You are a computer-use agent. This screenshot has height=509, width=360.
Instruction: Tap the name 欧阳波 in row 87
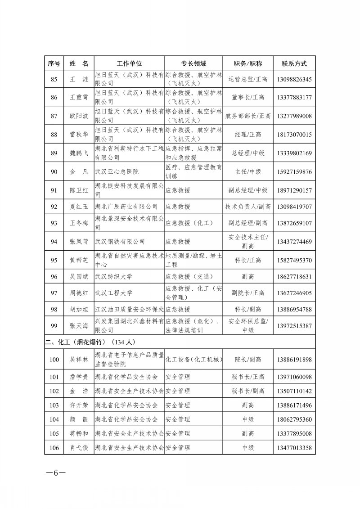coord(79,116)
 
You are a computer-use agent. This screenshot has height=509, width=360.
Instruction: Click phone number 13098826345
coord(294,80)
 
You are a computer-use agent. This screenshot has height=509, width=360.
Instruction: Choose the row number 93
coord(54,223)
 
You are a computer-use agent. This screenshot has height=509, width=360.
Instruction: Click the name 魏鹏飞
coord(79,153)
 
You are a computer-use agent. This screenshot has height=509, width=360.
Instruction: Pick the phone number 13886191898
coord(294,360)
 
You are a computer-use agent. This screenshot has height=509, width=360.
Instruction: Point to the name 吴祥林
coord(79,360)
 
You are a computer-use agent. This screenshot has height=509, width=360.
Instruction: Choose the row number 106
coord(54,448)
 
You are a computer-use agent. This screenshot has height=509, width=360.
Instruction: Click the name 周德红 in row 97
coord(79,293)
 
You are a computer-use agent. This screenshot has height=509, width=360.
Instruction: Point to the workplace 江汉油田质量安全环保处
coord(129,310)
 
